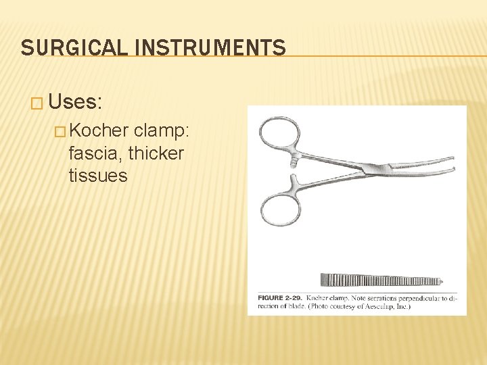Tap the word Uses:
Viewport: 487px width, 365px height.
75,103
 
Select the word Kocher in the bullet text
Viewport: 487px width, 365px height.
99,131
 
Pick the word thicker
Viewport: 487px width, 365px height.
156,153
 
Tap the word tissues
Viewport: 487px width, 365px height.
98,176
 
